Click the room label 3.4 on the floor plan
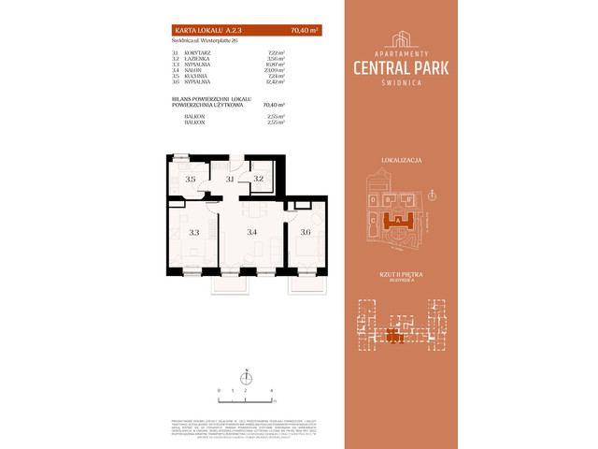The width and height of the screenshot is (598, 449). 251,231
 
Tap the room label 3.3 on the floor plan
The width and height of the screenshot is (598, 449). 194,231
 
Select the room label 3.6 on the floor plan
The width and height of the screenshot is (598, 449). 305,231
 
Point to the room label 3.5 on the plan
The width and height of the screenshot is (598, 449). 190,179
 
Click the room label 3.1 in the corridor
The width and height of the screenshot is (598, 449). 229,178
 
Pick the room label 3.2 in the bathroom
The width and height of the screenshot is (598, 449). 259,178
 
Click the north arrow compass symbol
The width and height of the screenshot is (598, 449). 246,376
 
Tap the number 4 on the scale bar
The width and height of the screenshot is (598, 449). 271,388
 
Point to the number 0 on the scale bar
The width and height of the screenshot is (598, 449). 219,388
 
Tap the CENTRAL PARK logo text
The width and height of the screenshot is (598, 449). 401,66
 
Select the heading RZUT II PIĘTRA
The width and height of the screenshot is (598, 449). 401,275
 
